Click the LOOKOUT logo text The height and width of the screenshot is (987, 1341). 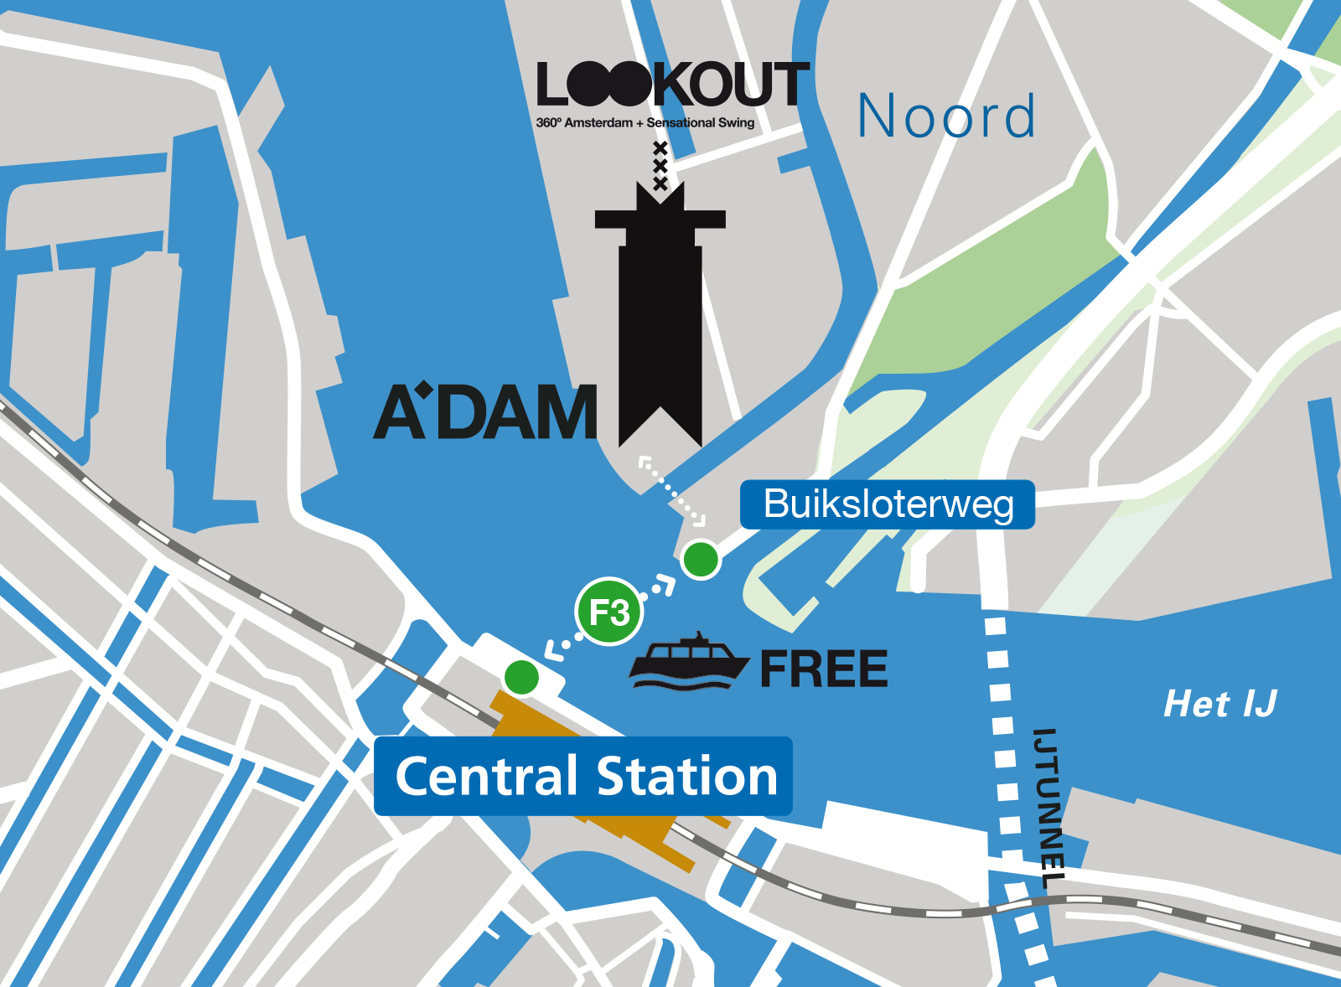click(x=672, y=85)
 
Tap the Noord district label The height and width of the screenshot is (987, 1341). click(x=947, y=116)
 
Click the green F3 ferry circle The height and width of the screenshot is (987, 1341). click(x=609, y=612)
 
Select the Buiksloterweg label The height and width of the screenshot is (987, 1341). click(x=888, y=504)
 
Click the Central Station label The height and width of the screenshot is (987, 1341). click(x=584, y=776)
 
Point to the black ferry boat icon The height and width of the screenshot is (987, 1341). click(x=688, y=663)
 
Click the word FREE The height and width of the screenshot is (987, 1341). click(x=823, y=669)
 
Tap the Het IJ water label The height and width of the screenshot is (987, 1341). click(x=1219, y=704)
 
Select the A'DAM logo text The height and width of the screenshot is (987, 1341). click(x=485, y=412)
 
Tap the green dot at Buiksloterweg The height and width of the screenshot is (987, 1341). click(x=701, y=559)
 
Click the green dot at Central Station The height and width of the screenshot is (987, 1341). click(x=521, y=677)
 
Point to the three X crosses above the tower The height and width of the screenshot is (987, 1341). click(x=660, y=166)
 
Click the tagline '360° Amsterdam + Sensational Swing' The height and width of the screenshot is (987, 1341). click(x=645, y=123)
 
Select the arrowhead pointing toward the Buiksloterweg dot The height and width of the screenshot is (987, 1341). click(x=665, y=583)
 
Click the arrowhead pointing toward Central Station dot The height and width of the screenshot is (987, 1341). click(x=554, y=649)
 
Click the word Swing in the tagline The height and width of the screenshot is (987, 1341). click(x=736, y=123)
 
